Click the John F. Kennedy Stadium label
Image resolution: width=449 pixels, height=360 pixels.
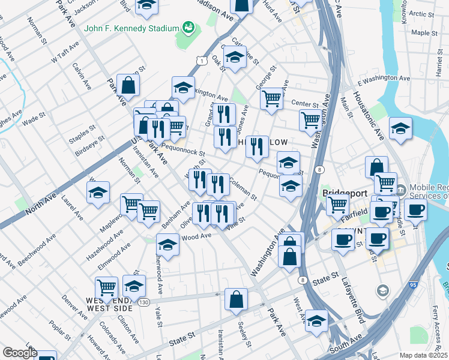click(132, 28)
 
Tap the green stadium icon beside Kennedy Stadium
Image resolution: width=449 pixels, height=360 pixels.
click(189, 28)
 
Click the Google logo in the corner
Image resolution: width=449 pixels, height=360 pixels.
click(19, 353)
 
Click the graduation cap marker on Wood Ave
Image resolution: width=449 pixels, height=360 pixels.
click(168, 244)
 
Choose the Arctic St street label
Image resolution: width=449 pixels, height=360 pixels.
click(423, 14)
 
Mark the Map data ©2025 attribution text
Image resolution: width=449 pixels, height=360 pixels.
click(423, 355)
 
